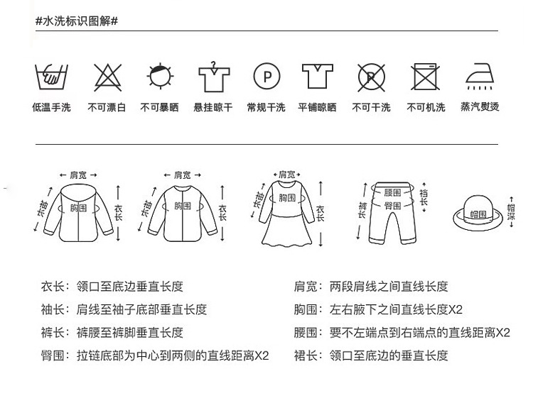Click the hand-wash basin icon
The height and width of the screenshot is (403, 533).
click(51, 76)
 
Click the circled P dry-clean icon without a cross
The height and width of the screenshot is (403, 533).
click(266, 76)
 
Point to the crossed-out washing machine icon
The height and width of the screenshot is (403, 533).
click(426, 76)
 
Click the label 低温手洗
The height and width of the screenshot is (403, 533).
click(51, 108)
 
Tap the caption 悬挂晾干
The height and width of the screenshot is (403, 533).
click(212, 108)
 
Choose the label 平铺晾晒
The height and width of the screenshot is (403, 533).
click(318, 108)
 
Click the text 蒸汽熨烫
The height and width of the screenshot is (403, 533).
click(480, 107)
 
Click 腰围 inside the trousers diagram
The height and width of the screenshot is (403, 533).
click(393, 192)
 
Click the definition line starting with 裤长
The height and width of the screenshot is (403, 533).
click(112, 332)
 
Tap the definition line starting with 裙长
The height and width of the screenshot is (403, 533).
click(371, 355)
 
